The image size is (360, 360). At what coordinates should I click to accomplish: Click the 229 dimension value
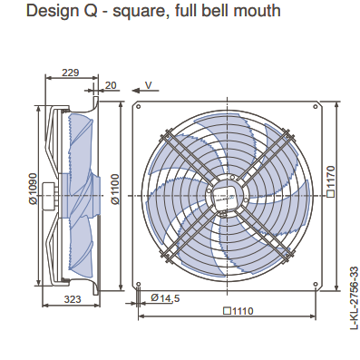click(70, 73)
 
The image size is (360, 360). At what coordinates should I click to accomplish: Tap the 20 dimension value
click(111, 85)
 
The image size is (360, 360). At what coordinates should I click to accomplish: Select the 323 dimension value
click(73, 299)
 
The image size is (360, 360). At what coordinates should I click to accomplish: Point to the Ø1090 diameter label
click(33, 189)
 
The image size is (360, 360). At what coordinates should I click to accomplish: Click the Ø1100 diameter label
click(115, 189)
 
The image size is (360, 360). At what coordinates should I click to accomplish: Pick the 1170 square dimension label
click(331, 181)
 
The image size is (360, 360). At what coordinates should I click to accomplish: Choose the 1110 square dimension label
click(238, 310)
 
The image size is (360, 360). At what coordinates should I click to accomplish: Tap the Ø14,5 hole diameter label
click(165, 298)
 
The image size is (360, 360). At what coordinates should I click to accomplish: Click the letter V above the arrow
click(149, 85)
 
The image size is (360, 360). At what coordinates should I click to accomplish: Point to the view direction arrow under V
click(145, 91)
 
